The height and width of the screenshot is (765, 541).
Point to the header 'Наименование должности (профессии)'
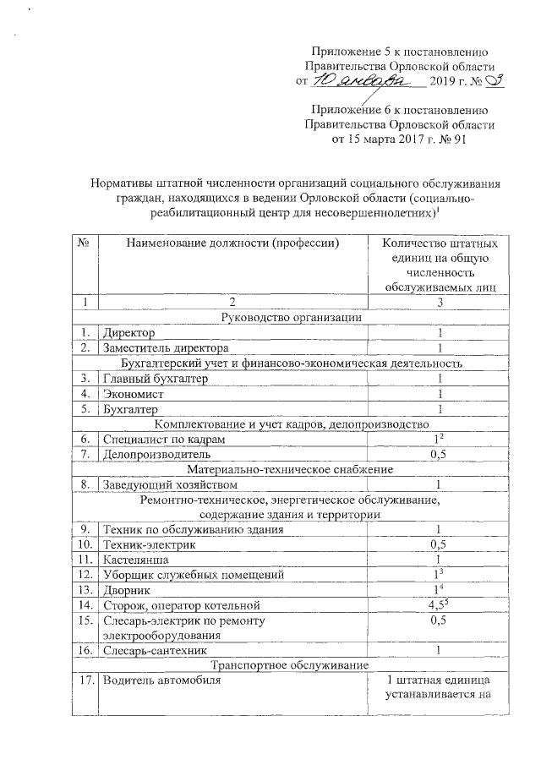232,244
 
